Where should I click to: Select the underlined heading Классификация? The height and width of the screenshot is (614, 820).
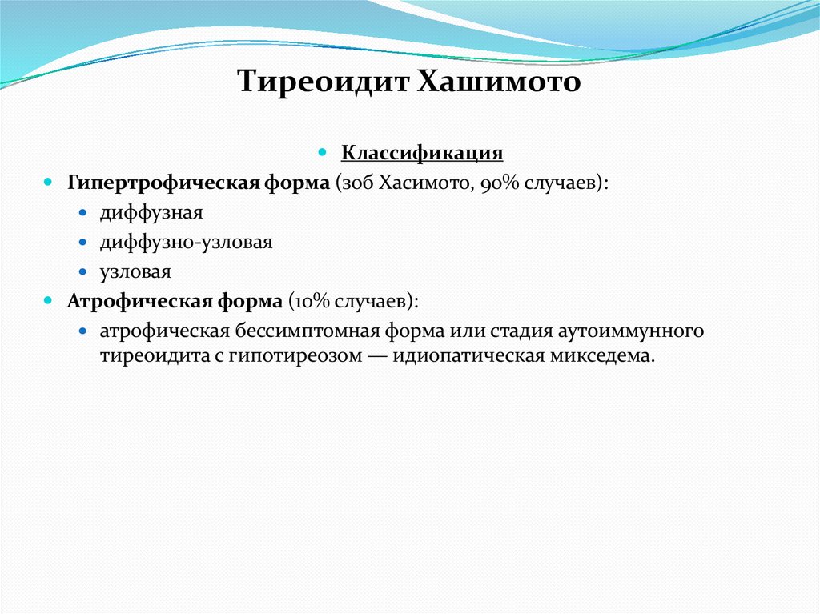click(422, 152)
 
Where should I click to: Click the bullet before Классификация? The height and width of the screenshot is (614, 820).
click(324, 151)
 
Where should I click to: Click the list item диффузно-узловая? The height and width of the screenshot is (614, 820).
click(187, 242)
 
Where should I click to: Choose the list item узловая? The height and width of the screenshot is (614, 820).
click(135, 271)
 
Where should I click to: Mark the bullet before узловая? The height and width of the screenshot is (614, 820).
click(84, 271)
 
